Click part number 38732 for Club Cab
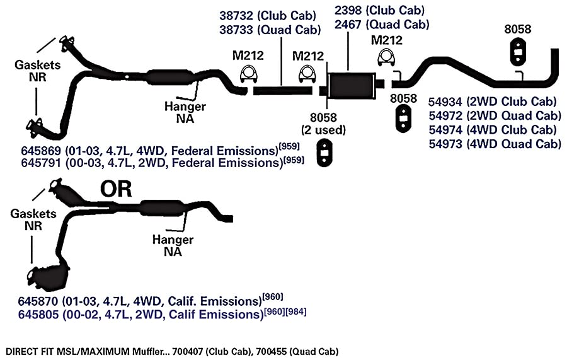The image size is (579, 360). pos(236,16)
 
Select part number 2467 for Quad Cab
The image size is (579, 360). pos(348,25)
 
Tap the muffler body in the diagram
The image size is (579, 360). pos(351,85)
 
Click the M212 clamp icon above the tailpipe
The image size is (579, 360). pos(386,58)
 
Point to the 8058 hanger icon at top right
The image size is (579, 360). pos(518,51)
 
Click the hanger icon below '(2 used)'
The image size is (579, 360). pos(324,153)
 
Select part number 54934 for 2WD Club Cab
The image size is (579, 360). pos(445,102)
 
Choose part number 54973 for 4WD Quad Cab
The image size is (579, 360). pos(445,144)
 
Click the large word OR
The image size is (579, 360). pos(116,189)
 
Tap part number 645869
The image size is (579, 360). pos(40,151)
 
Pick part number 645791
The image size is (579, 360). pos(40,163)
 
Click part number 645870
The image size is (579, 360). pos(38,301)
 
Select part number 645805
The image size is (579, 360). pos(38,315)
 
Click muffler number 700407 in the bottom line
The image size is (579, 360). pos(188,351)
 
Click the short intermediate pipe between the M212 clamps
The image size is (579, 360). pos(282,91)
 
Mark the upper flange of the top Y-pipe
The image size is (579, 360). pos(66,44)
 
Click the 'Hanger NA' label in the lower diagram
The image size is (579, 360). pos(173,245)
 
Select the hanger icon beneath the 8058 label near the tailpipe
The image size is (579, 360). pos(403,119)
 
